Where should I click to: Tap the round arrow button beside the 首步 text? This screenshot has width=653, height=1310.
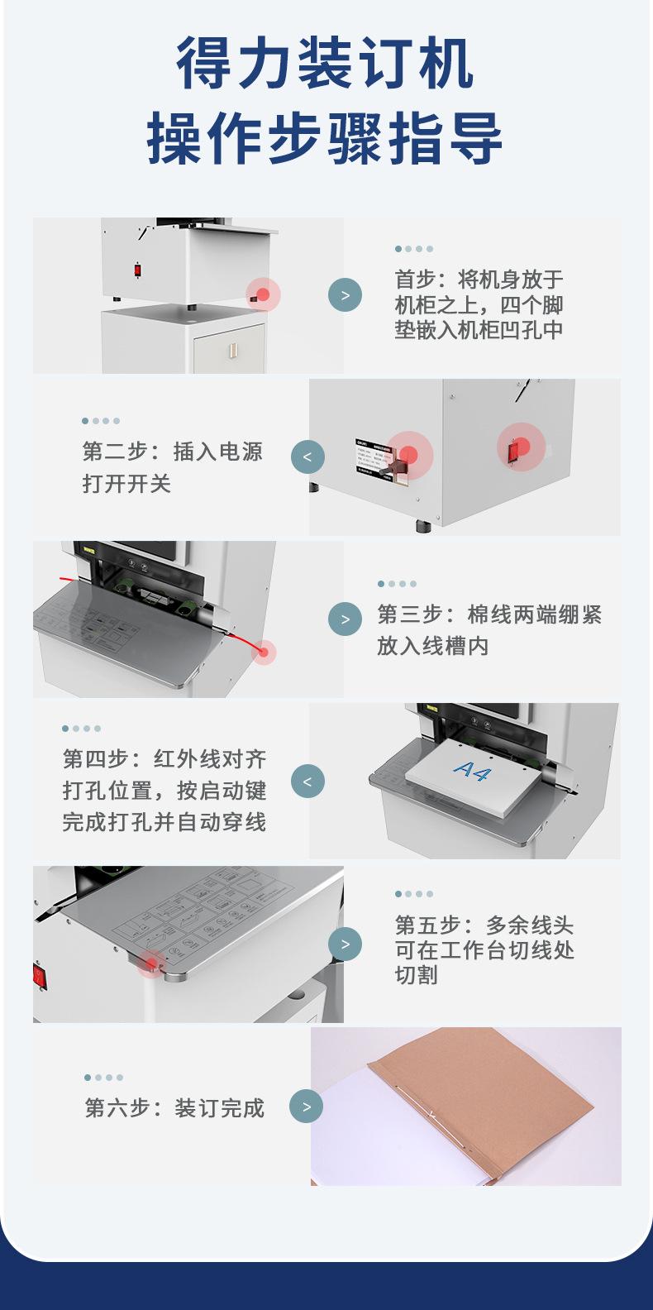pos(345,294)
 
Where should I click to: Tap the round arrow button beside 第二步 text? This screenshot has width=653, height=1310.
pos(307,457)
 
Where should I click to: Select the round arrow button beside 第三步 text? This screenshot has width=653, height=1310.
pos(345,619)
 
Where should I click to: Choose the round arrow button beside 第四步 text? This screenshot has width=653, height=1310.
pos(307,781)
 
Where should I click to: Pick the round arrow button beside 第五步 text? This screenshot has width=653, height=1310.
pos(345,944)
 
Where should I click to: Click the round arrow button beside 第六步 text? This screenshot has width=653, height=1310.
pos(307,1106)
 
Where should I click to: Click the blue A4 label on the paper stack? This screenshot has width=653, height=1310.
pos(472,770)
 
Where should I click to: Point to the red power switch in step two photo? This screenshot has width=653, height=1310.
pos(514,451)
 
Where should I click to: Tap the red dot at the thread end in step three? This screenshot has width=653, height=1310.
pos(264,652)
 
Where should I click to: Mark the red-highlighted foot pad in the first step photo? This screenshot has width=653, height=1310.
pos(263,294)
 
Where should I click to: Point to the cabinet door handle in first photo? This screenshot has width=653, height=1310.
pos(232,350)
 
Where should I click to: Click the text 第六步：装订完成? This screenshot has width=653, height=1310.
pos(174,1108)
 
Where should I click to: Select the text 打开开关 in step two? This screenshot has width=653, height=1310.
pos(126,484)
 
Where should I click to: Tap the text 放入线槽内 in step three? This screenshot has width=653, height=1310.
pos(432,646)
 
